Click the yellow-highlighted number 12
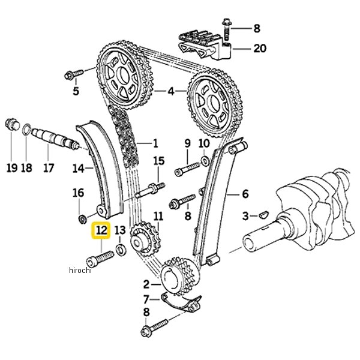tap(101, 230)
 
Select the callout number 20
tap(259, 48)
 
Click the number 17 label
tap(48, 169)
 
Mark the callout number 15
tap(158, 160)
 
